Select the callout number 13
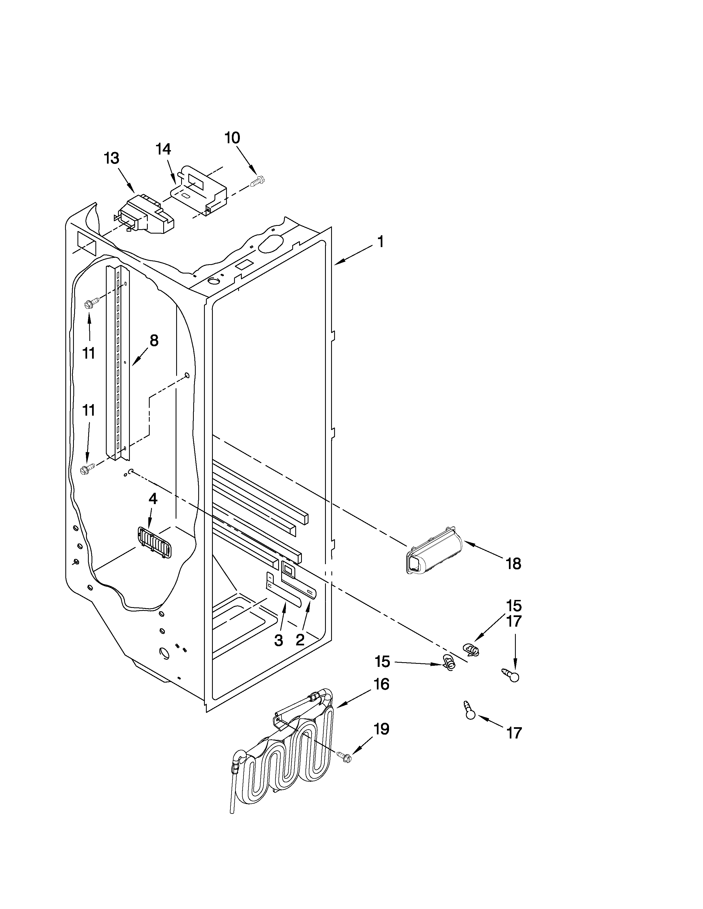point(112,158)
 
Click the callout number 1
point(380,241)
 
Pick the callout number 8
point(154,340)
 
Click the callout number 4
point(153,499)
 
